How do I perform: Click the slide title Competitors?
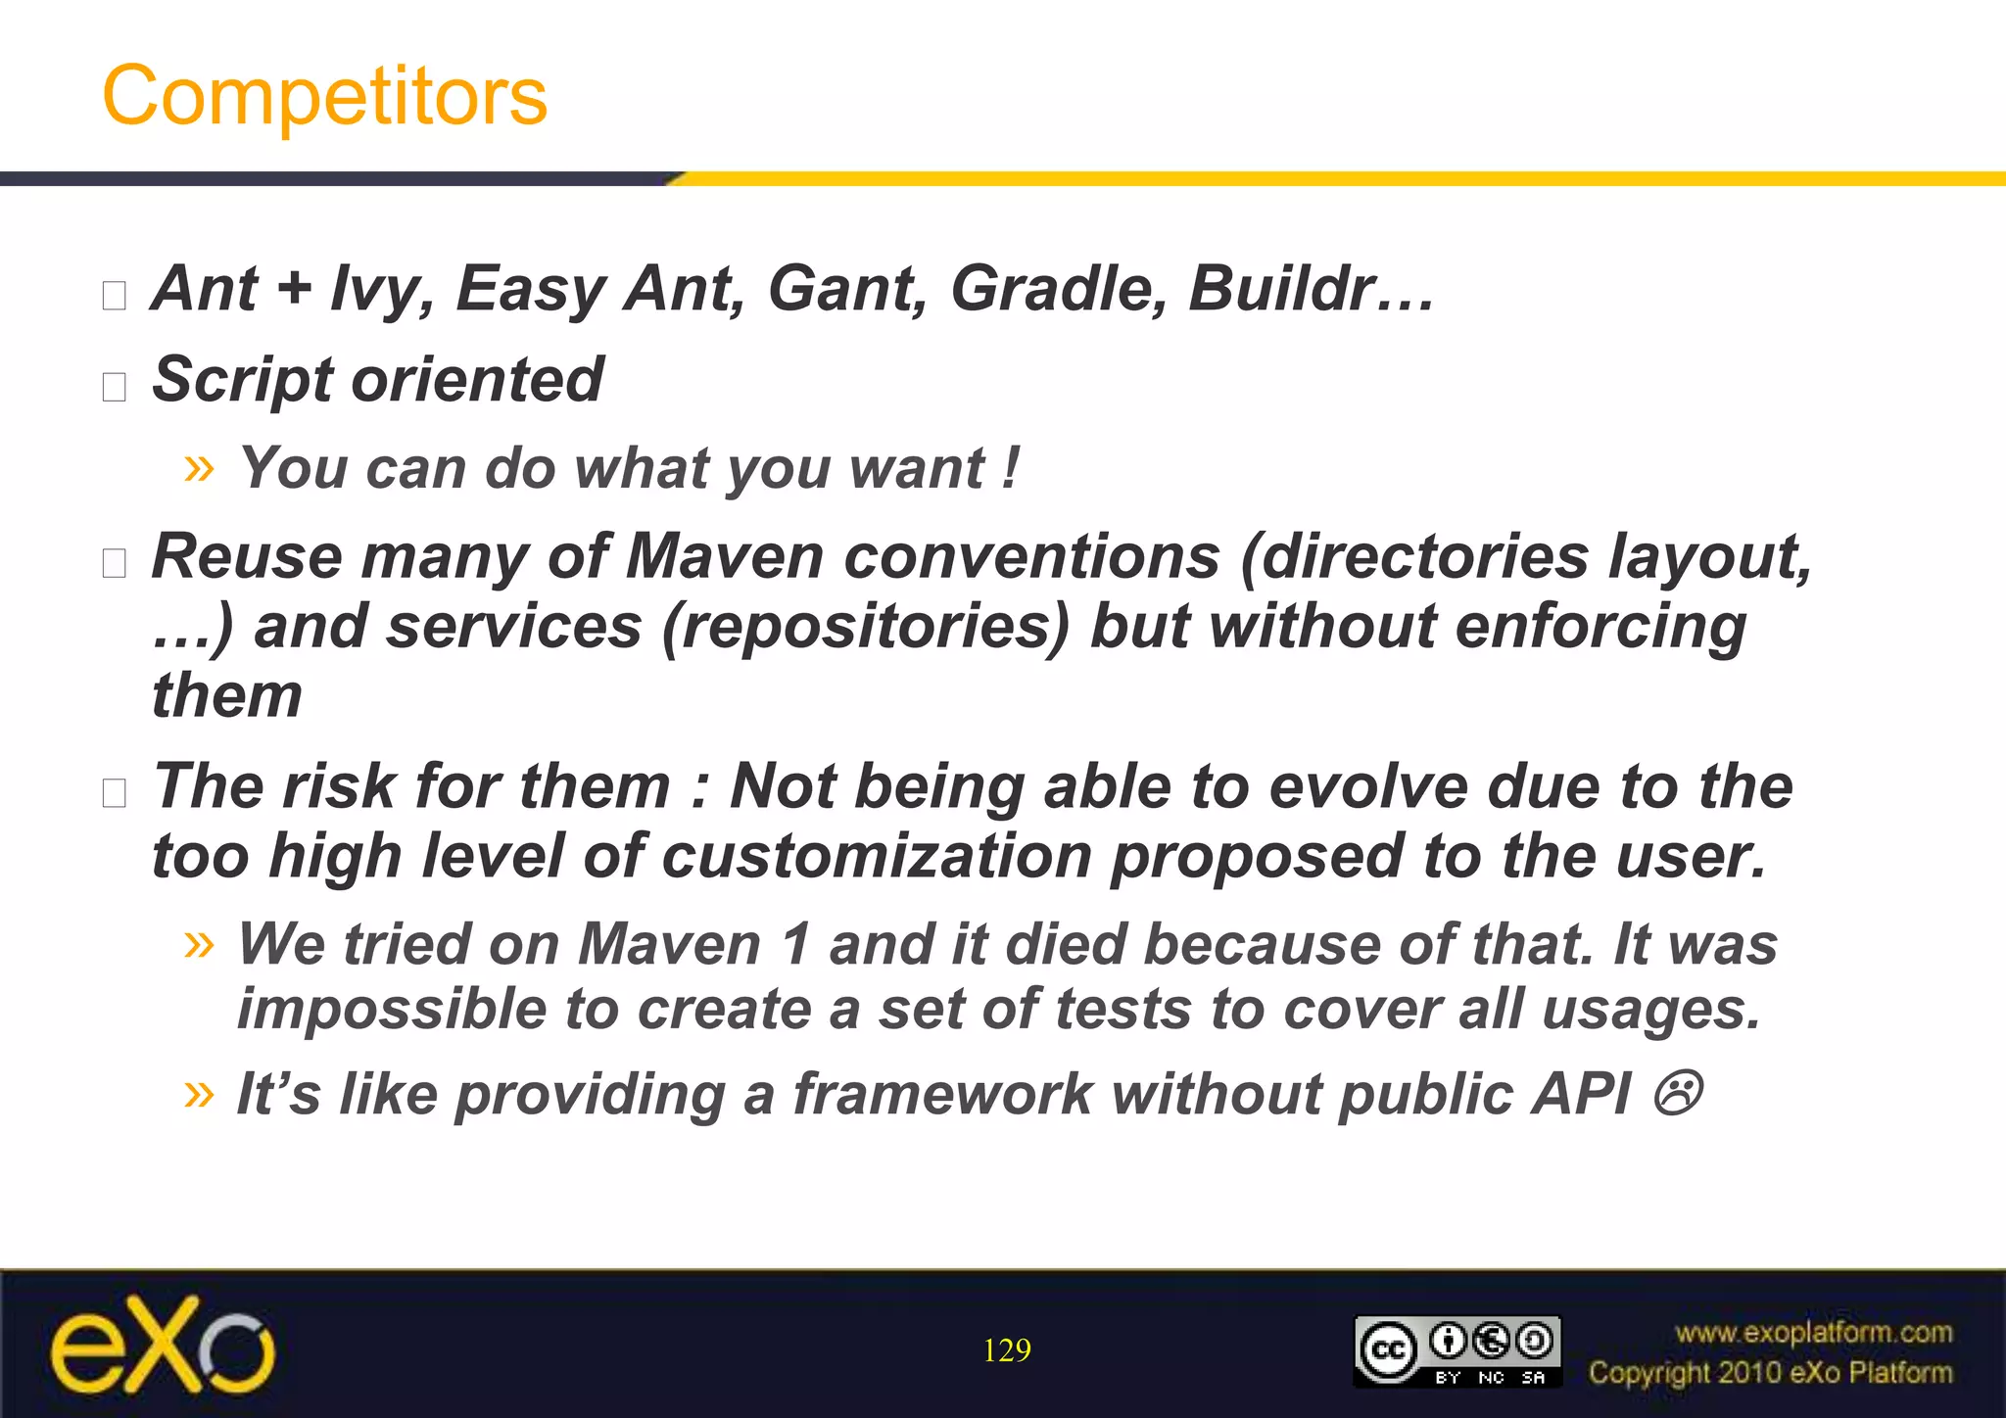click(x=324, y=95)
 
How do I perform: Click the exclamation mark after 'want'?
click(x=1012, y=467)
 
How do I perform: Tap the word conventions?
click(x=1031, y=557)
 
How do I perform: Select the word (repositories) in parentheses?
click(x=866, y=627)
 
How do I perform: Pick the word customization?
click(x=876, y=856)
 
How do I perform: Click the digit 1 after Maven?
click(x=796, y=945)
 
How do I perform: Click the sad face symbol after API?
click(x=1678, y=1093)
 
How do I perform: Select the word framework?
click(x=942, y=1094)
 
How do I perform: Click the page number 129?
click(x=1006, y=1350)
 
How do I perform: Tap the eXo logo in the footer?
click(x=163, y=1346)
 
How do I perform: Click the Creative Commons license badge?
click(x=1457, y=1350)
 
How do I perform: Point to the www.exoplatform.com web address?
click(x=1813, y=1332)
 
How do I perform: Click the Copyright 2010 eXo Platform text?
click(x=1770, y=1373)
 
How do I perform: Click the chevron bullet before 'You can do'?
click(x=199, y=468)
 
